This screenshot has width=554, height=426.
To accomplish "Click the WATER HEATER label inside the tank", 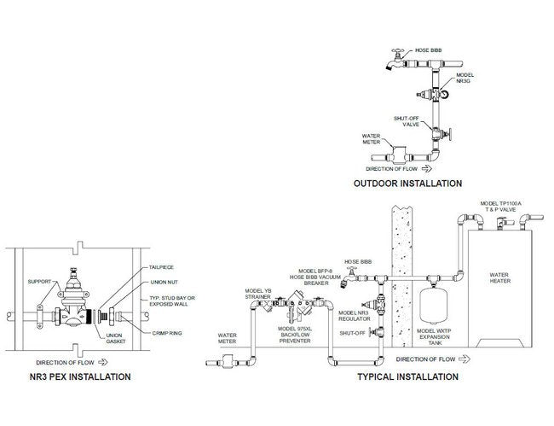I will click(x=499, y=279).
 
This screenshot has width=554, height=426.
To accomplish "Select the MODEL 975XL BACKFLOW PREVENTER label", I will click(x=294, y=335).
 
